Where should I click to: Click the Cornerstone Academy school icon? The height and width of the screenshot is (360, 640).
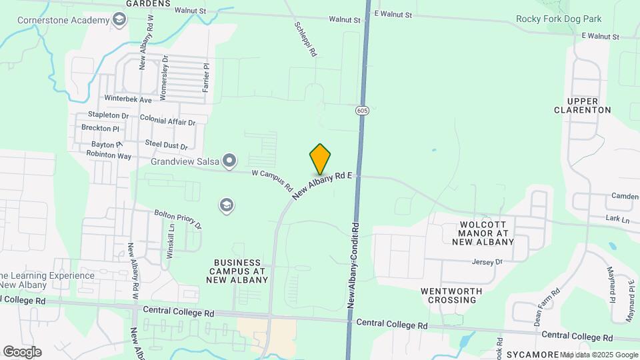119,20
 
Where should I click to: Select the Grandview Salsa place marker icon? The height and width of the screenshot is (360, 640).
229,160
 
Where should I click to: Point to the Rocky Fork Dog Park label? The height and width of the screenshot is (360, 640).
559,19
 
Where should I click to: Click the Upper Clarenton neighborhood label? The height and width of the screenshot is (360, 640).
582,105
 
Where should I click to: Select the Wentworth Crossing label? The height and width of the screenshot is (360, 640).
448,295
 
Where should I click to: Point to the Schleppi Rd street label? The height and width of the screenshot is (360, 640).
305,39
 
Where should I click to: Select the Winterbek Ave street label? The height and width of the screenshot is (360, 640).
128,99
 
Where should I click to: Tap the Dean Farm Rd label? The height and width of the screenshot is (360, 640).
547,306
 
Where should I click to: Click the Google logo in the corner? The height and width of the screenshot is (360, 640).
22,351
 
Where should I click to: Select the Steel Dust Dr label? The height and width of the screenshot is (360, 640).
167,145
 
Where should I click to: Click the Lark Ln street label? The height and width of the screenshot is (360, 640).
617,219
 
